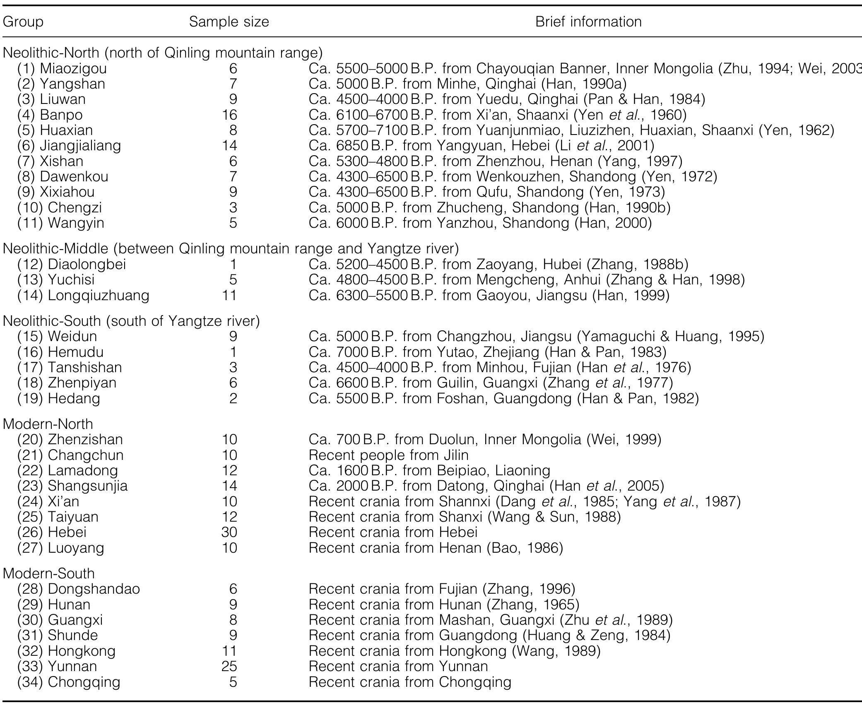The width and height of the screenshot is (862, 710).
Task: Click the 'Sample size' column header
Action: (229, 22)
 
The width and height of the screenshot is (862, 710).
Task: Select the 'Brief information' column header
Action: (588, 22)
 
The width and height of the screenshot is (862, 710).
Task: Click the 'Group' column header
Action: (23, 22)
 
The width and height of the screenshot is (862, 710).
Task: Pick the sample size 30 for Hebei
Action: (229, 532)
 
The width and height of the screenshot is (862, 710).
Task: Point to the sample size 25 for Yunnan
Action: (229, 666)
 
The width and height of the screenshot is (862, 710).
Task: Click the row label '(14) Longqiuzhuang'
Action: (83, 296)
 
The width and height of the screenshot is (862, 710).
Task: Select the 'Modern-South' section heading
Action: (49, 573)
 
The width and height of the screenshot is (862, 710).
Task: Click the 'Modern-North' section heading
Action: (48, 424)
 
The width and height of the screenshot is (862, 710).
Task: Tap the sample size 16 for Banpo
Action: (229, 115)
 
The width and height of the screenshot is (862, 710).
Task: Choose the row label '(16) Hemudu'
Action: (60, 352)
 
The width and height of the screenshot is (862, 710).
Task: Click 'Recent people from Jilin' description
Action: (388, 455)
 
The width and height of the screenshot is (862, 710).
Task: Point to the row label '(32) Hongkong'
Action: (66, 651)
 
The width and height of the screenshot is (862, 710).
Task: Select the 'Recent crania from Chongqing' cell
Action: (410, 682)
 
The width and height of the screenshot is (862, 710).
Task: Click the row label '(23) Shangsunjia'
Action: (72, 486)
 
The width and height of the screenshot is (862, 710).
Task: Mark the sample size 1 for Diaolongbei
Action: (233, 264)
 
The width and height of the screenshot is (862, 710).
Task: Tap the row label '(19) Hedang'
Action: (58, 399)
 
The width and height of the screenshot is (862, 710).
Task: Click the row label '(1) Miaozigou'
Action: (62, 68)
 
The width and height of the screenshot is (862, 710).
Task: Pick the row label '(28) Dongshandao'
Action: (78, 589)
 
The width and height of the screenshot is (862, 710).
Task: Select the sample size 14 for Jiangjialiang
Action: (229, 146)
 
